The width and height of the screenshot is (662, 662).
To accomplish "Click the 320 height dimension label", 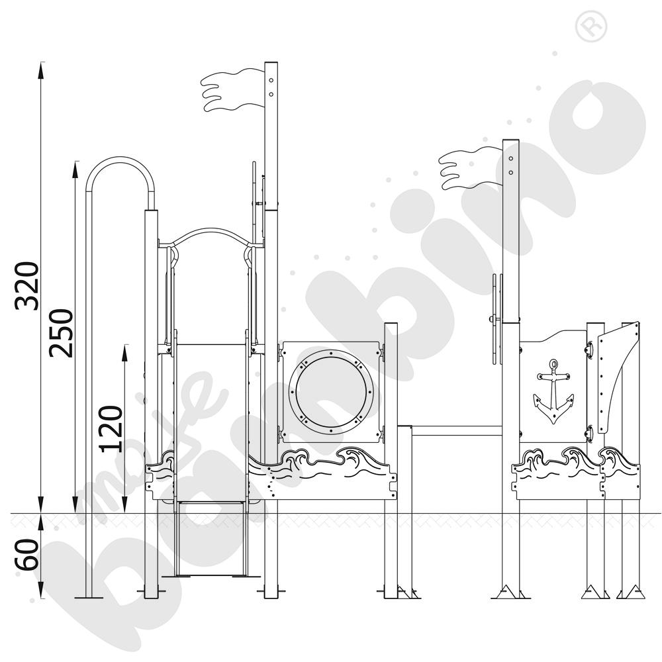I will (28, 285).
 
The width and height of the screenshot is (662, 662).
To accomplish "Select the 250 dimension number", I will (63, 332).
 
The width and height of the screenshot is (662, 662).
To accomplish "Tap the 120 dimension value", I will (111, 428).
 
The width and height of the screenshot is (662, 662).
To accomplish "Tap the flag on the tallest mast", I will (232, 91).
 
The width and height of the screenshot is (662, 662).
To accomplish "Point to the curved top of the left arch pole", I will (121, 161).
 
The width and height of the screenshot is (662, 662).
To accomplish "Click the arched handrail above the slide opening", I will (211, 234).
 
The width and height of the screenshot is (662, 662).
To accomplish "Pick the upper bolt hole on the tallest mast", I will (271, 80).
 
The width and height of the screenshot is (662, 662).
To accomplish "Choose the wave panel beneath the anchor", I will (556, 473).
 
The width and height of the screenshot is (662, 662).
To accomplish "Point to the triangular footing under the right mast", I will (510, 591).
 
